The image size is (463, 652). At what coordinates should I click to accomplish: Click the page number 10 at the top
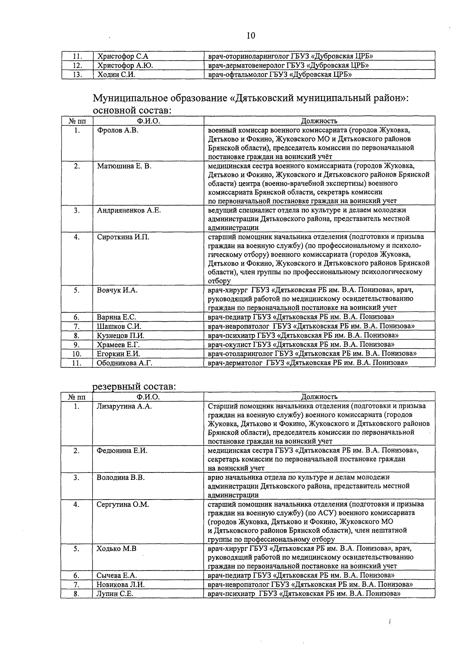click(x=250, y=36)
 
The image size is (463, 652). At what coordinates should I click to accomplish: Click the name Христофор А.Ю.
click(x=125, y=65)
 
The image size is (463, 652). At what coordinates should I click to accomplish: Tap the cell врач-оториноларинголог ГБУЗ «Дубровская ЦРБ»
click(x=290, y=56)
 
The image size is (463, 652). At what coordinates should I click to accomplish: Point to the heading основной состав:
click(x=132, y=110)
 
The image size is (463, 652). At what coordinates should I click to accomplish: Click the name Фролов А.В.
click(x=117, y=130)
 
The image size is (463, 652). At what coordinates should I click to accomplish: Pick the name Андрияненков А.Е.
click(x=128, y=210)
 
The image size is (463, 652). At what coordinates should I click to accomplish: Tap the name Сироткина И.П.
click(x=123, y=237)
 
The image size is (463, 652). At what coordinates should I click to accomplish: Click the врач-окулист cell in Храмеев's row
click(x=301, y=344)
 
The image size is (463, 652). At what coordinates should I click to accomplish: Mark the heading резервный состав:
click(x=134, y=386)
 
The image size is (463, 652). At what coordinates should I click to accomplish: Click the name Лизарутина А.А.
click(x=124, y=406)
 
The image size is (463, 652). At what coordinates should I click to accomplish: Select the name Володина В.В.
click(x=120, y=478)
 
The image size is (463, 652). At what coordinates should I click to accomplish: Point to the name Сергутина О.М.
click(x=122, y=505)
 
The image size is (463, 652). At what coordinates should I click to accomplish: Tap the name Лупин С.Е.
click(x=115, y=594)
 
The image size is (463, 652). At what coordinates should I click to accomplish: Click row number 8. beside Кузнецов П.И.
click(x=77, y=335)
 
